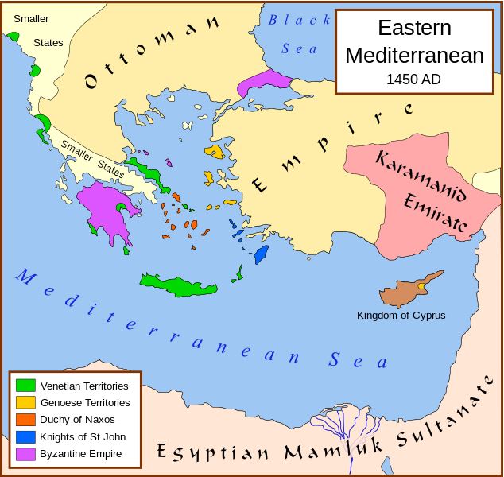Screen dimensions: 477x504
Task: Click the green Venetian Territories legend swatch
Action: click(x=26, y=386)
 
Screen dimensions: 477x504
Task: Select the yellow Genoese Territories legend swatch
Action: click(x=26, y=402)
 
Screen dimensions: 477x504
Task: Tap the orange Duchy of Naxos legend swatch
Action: click(x=26, y=419)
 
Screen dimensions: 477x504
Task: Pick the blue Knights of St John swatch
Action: click(x=26, y=436)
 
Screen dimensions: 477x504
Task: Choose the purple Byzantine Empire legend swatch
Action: click(x=26, y=454)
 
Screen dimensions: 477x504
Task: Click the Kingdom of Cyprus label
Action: click(x=401, y=316)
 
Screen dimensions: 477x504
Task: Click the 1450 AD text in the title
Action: click(x=413, y=79)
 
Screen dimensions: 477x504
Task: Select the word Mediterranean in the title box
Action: click(x=413, y=56)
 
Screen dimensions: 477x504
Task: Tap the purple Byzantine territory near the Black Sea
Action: click(x=267, y=81)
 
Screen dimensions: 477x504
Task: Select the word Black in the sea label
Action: click(x=289, y=21)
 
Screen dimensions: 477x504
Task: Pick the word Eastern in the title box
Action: click(x=413, y=29)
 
